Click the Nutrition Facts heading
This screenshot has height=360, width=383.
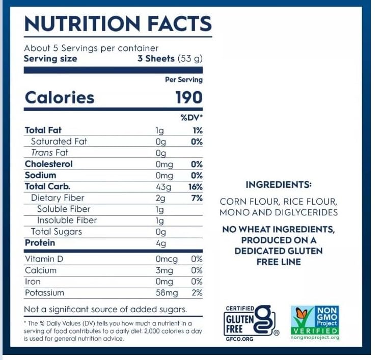(x=118, y=23)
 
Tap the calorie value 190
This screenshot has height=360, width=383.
(x=188, y=97)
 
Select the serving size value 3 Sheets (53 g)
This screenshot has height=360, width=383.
(x=170, y=59)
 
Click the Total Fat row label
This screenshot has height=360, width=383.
(x=43, y=130)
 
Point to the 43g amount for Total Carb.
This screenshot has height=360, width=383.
(x=163, y=187)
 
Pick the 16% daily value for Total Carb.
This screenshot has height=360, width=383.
(x=195, y=187)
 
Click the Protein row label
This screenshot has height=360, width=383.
(x=39, y=243)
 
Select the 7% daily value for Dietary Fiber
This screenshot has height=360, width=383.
(x=197, y=198)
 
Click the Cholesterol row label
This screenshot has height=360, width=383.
(x=49, y=164)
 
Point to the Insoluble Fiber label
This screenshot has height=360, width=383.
(x=67, y=220)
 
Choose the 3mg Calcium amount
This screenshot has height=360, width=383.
(x=164, y=270)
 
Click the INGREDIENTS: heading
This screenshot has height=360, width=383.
(x=278, y=184)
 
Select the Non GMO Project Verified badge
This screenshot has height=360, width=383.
(x=315, y=322)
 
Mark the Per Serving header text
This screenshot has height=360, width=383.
(x=183, y=80)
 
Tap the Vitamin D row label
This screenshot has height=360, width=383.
(x=44, y=259)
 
